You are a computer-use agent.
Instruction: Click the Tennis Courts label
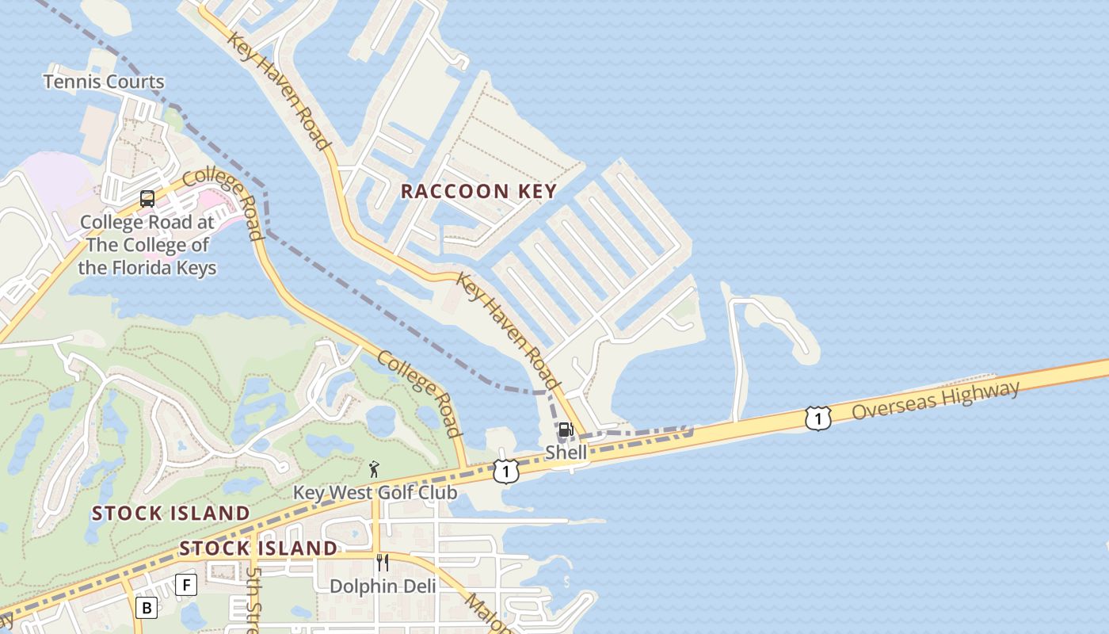104,82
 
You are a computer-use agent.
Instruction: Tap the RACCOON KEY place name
478,191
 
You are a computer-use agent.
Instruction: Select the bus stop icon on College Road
147,199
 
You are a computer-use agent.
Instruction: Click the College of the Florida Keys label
147,245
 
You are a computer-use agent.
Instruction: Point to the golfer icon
374,469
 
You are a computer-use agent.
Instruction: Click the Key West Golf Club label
375,493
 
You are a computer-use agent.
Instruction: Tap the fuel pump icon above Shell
566,430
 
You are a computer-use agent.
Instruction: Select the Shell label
566,453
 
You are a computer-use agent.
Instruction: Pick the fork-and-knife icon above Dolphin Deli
383,563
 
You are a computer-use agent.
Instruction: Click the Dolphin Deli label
383,586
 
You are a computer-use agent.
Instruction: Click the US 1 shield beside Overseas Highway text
818,418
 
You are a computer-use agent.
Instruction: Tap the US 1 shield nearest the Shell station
505,472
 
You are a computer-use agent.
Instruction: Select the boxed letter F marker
186,585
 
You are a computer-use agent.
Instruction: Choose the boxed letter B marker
147,608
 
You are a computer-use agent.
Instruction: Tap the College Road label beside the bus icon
224,202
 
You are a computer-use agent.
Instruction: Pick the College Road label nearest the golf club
419,394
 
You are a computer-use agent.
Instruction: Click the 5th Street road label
253,598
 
